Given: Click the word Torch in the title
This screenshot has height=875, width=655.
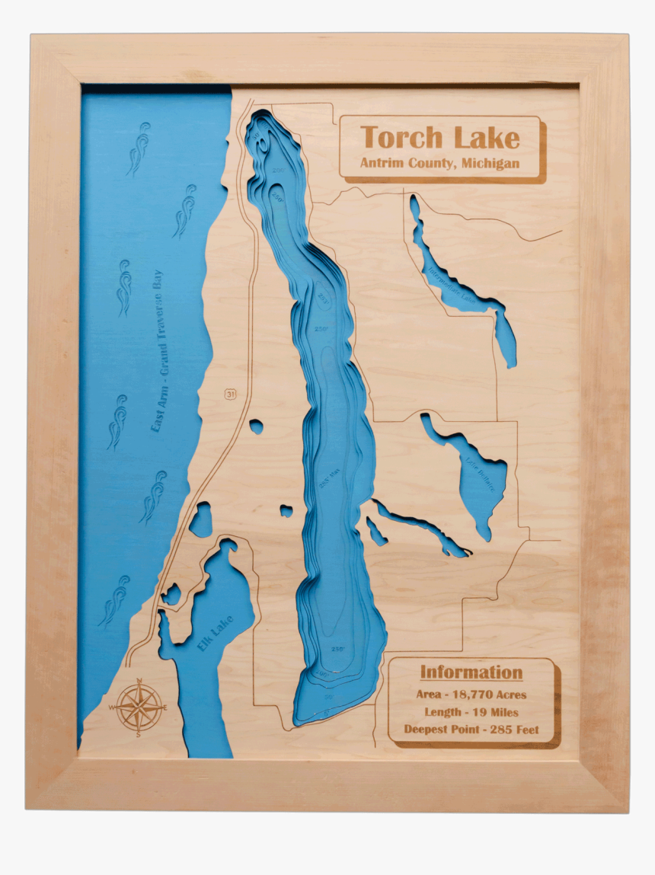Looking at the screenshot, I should click(x=401, y=138).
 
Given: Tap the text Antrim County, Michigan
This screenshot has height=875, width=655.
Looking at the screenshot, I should click(x=440, y=164).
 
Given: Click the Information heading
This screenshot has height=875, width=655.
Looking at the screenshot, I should click(x=471, y=672).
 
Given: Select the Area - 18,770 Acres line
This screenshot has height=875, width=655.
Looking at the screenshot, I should click(x=471, y=695).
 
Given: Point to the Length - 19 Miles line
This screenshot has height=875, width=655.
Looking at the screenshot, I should click(x=471, y=712).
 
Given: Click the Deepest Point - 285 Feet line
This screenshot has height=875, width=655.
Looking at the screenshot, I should click(x=471, y=730).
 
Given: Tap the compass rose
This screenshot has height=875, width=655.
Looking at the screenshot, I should click(x=138, y=707).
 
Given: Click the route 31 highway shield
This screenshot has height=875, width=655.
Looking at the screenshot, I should click(x=229, y=394).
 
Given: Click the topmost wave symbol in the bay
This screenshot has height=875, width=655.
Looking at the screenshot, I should click(x=139, y=148).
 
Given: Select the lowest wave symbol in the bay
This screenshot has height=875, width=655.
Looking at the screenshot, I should click(x=115, y=601).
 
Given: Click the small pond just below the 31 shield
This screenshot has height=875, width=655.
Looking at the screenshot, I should click(x=256, y=426).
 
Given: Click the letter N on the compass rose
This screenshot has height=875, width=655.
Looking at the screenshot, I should click(x=139, y=681).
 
